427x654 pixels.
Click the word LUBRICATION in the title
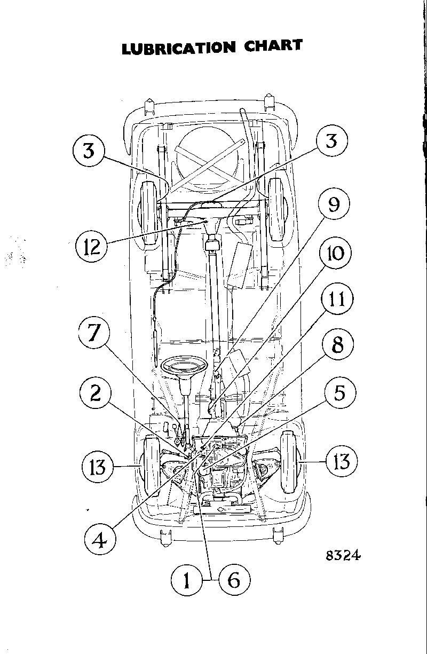pyautogui.click(x=178, y=48)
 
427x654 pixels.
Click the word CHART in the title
pyautogui.click(x=273, y=45)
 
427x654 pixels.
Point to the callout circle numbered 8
pyautogui.click(x=338, y=345)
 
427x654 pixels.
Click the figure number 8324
pyautogui.click(x=343, y=555)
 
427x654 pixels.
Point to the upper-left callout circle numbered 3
pyautogui.click(x=88, y=151)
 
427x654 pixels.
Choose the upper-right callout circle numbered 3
pyautogui.click(x=331, y=143)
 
